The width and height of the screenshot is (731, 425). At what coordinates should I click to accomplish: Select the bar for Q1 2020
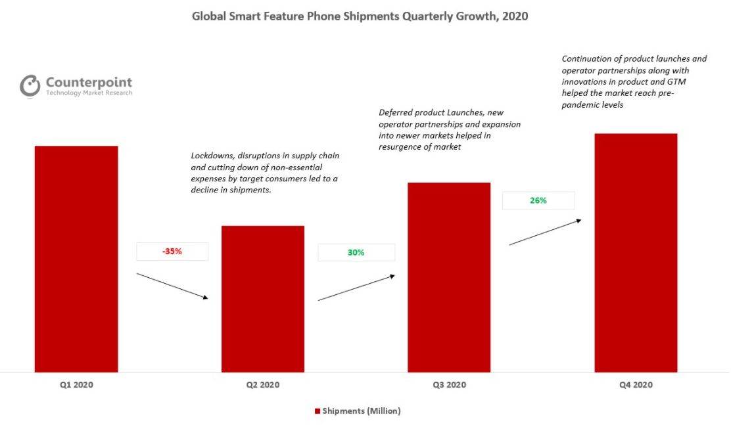pyautogui.click(x=76, y=259)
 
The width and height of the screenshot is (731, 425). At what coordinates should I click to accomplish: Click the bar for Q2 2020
pyautogui.click(x=263, y=299)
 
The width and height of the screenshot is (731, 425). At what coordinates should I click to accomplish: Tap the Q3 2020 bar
pyautogui.click(x=449, y=277)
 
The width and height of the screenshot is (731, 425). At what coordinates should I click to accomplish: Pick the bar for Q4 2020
pyautogui.click(x=636, y=253)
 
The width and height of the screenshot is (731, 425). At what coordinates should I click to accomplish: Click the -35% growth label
pyautogui.click(x=172, y=252)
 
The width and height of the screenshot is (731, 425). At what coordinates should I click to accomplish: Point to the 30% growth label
pyautogui.click(x=356, y=252)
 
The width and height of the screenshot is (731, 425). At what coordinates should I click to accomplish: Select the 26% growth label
pyautogui.click(x=538, y=200)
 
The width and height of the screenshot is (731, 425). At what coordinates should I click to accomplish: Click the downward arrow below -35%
pyautogui.click(x=172, y=286)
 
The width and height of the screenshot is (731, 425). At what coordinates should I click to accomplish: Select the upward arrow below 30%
pyautogui.click(x=356, y=288)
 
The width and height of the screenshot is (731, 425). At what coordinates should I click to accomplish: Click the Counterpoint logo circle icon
pyautogui.click(x=30, y=86)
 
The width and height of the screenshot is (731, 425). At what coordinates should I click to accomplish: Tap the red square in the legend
pyautogui.click(x=318, y=411)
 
